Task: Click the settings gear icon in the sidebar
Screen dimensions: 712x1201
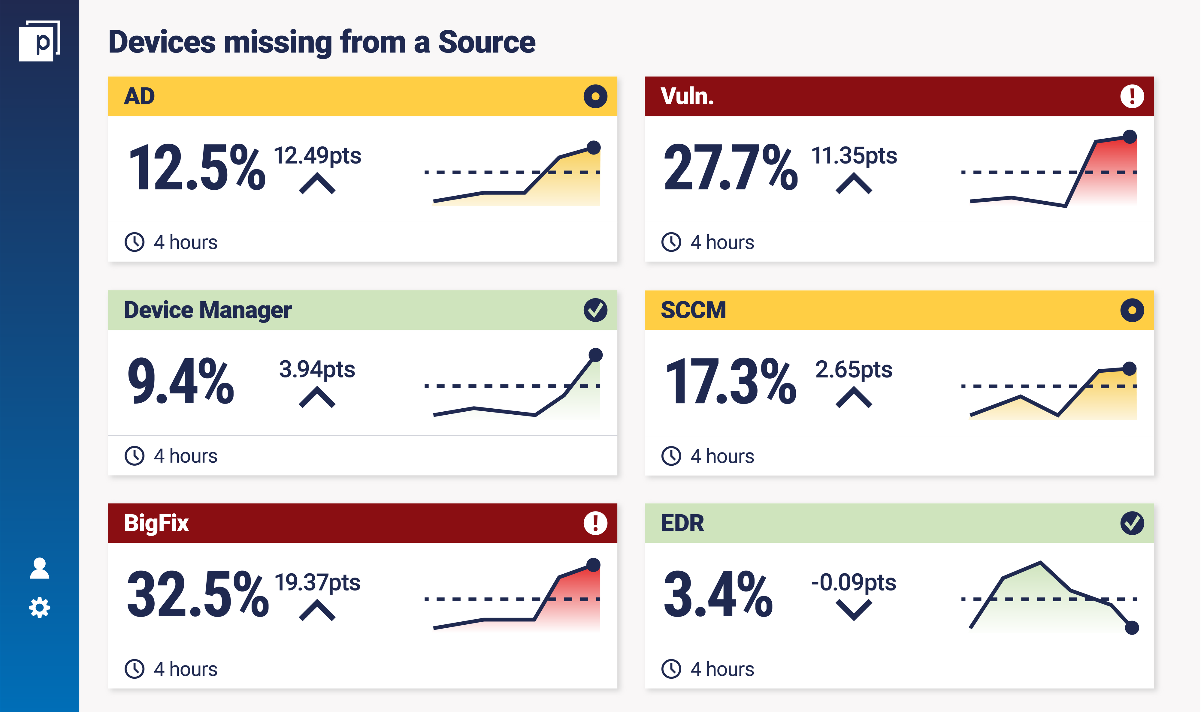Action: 39,608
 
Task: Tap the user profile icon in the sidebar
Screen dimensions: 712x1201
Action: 39,569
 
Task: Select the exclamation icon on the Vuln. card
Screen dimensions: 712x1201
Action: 1132,96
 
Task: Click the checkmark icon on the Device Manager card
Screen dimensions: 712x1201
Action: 595,310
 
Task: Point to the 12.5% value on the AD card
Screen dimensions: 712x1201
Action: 197,168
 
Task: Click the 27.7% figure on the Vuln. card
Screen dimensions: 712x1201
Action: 731,168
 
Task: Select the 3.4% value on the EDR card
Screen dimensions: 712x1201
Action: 718,595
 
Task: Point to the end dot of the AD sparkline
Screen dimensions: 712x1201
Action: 594,147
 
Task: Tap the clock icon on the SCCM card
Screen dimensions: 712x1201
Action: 671,456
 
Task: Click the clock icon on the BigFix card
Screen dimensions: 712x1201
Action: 135,669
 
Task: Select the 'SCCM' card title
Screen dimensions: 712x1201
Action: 693,310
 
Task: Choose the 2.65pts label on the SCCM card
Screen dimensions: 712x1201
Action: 854,369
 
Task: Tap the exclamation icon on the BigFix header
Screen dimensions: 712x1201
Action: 595,523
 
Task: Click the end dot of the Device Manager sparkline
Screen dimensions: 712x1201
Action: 595,355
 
